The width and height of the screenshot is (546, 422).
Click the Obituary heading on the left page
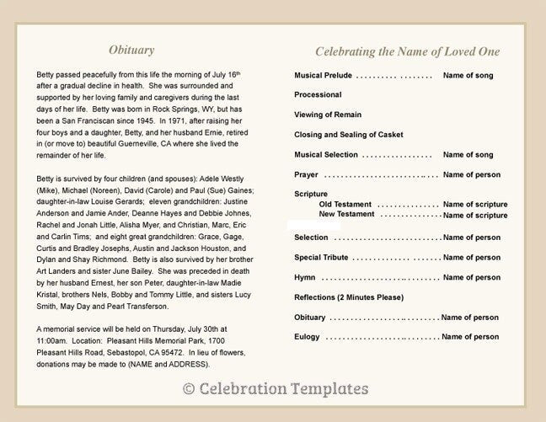pyautogui.click(x=131, y=50)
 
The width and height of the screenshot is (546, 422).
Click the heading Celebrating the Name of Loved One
pyautogui.click(x=407, y=51)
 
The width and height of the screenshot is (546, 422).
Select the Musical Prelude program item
pyautogui.click(x=324, y=76)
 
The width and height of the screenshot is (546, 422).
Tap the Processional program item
pyautogui.click(x=318, y=95)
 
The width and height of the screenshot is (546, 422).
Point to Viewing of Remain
pyautogui.click(x=328, y=115)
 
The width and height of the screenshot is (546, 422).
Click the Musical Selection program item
pyautogui.click(x=326, y=155)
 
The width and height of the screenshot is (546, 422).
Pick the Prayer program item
pyautogui.click(x=306, y=175)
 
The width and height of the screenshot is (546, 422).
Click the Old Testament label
pyautogui.click(x=345, y=205)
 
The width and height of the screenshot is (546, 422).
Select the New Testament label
pyautogui.click(x=346, y=215)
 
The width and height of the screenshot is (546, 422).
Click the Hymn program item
pyautogui.click(x=304, y=277)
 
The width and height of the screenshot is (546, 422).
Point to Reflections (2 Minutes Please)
pyautogui.click(x=349, y=297)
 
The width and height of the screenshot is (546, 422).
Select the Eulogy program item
pyautogui.click(x=307, y=337)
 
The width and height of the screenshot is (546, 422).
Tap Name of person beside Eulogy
pyautogui.click(x=470, y=337)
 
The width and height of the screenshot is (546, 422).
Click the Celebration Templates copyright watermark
pyautogui.click(x=276, y=389)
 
